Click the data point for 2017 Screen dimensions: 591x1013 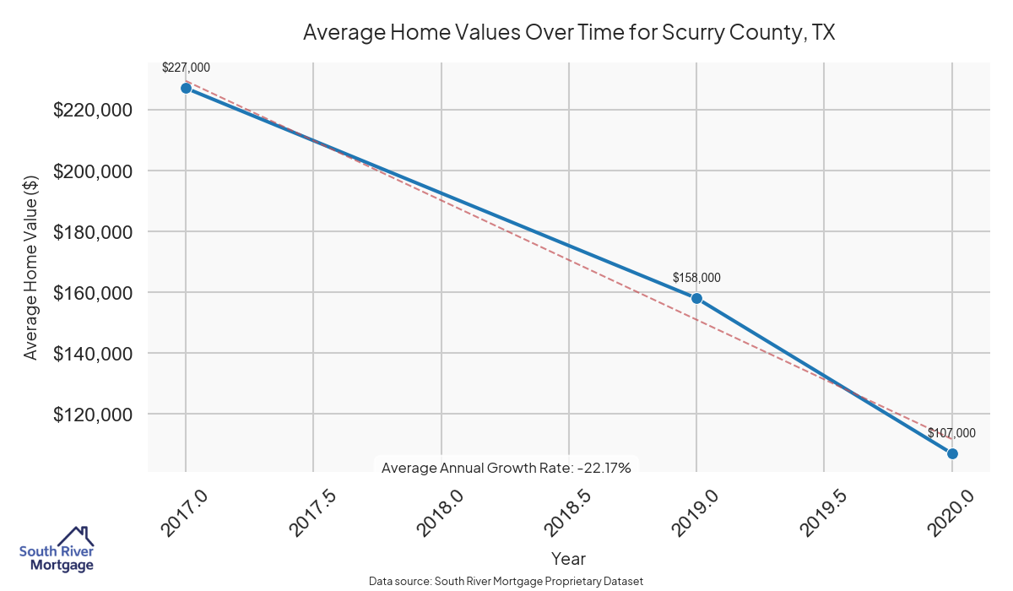coord(186,88)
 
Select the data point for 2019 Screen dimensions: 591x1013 coord(696,298)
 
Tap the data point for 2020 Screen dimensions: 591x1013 coord(952,453)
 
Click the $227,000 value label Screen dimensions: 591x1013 coord(186,68)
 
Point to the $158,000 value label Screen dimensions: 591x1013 coord(696,278)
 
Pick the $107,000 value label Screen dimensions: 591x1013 coord(951,433)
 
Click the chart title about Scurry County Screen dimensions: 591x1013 coord(568,33)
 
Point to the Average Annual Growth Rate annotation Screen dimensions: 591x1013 coord(506,467)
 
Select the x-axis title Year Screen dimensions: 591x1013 coord(568,559)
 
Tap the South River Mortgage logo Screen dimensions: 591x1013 coord(57,550)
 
